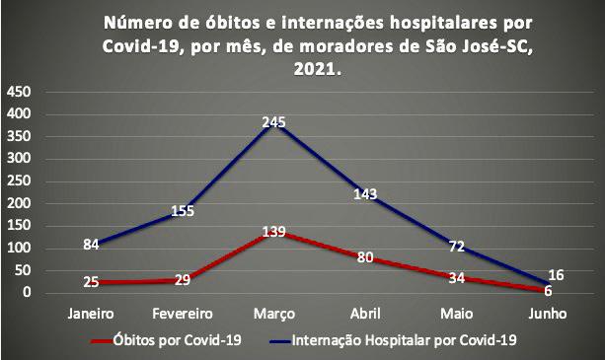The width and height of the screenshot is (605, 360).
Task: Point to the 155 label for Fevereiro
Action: coord(183,210)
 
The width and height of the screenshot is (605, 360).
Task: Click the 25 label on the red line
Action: coord(92,283)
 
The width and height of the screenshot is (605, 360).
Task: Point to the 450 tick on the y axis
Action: coord(20,92)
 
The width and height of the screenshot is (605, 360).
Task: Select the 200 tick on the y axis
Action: coord(20,203)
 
